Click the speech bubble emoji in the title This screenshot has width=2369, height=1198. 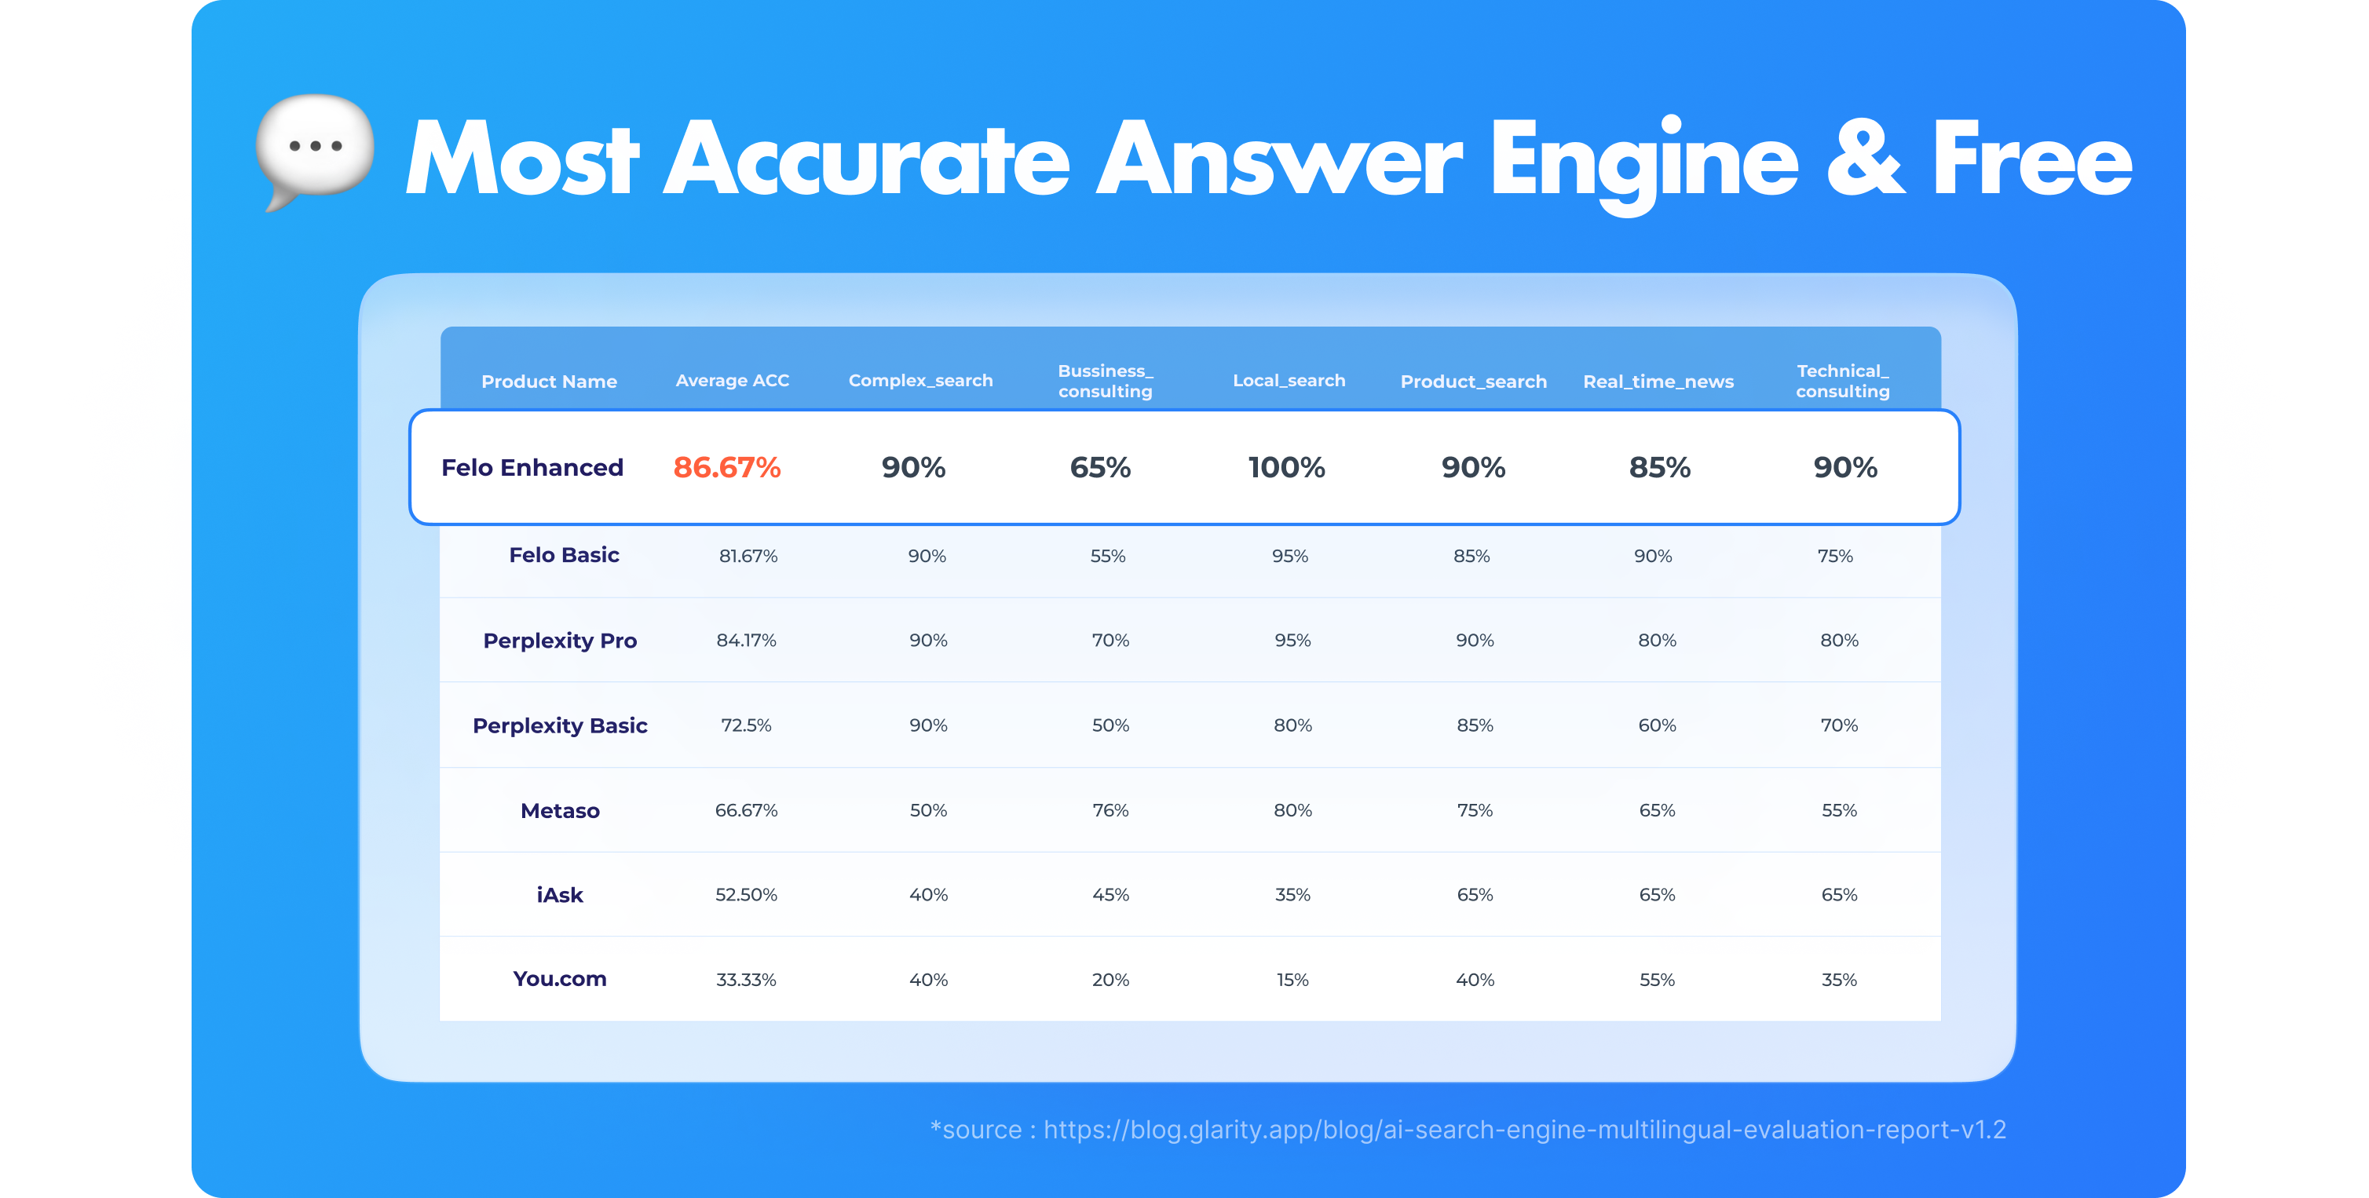click(x=315, y=149)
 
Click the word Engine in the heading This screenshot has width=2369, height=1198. click(x=1643, y=162)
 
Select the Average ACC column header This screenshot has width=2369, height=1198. click(x=732, y=381)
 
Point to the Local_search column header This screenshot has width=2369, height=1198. click(x=1289, y=381)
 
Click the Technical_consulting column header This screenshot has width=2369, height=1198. click(x=1842, y=381)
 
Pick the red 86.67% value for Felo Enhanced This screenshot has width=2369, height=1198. click(x=726, y=468)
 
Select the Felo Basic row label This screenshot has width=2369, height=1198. click(x=564, y=555)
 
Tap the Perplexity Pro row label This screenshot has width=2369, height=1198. click(x=560, y=641)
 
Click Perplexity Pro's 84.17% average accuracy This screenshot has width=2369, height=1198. click(x=746, y=641)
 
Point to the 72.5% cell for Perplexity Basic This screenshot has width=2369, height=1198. click(x=746, y=725)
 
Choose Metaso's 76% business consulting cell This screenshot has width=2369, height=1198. click(x=1110, y=811)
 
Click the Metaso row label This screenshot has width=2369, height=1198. click(x=560, y=811)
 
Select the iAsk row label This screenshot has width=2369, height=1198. click(x=560, y=896)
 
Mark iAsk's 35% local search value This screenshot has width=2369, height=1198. click(x=1292, y=896)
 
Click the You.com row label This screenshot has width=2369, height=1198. click(x=560, y=979)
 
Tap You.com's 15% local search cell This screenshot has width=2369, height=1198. click(x=1292, y=980)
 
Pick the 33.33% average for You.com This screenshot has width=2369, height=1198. click(x=746, y=980)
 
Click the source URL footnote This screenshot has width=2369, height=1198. click(x=1468, y=1130)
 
